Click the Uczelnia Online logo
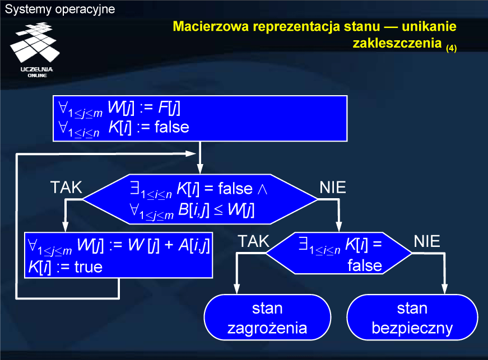click(x=35, y=50)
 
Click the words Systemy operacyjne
click(x=60, y=10)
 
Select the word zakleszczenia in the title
click(x=397, y=43)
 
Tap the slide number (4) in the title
click(x=451, y=48)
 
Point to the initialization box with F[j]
click(x=200, y=119)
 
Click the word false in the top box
click(x=172, y=127)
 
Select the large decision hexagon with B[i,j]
click(x=200, y=199)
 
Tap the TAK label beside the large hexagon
click(x=66, y=188)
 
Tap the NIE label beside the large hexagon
click(x=333, y=188)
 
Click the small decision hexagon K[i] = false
click(x=339, y=254)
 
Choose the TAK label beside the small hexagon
click(x=254, y=241)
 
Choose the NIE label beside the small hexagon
click(x=427, y=241)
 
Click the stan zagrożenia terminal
click(x=267, y=317)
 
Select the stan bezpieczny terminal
click(x=412, y=317)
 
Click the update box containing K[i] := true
click(x=119, y=255)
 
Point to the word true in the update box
click(x=89, y=267)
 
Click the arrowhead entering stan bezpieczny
click(x=445, y=289)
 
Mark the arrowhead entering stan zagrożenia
click(x=237, y=289)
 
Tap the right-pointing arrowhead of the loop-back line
click(x=190, y=153)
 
